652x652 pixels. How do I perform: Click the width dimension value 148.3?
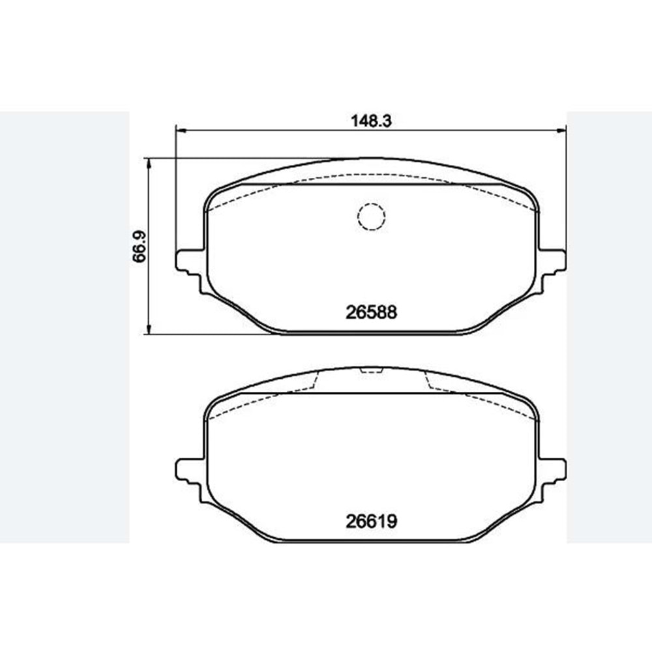(x=371, y=121)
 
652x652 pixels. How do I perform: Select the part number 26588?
(x=371, y=312)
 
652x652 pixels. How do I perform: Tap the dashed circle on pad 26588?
(x=371, y=216)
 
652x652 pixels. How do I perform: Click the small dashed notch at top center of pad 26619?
(x=371, y=371)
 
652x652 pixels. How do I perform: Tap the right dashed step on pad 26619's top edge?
(x=428, y=382)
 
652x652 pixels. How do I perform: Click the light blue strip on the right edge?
(x=609, y=326)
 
